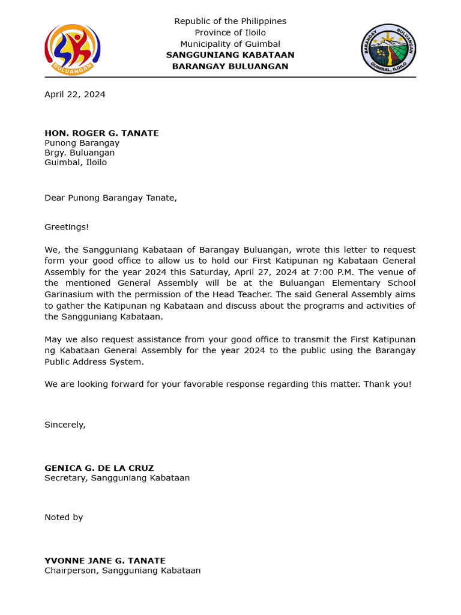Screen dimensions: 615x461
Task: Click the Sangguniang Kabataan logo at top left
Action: tap(72, 49)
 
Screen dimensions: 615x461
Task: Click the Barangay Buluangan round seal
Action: tap(388, 49)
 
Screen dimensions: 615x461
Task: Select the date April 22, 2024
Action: tap(75, 94)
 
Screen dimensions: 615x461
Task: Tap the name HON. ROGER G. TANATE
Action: tap(101, 133)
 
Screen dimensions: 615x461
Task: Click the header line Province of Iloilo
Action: tap(230, 32)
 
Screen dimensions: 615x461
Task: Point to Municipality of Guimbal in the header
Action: tap(230, 44)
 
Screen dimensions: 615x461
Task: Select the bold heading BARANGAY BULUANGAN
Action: tap(230, 66)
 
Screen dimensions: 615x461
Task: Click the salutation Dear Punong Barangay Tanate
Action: tap(110, 198)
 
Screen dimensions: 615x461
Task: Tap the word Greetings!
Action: tap(67, 227)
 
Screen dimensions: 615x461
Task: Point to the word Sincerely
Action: tap(65, 425)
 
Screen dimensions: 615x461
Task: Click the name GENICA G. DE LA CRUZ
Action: tap(99, 468)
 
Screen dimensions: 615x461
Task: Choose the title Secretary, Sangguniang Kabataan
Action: tap(117, 478)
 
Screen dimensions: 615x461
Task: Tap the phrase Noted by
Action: tap(64, 517)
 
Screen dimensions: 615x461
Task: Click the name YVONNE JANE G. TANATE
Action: tap(105, 560)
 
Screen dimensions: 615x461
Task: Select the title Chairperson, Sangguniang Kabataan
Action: tap(122, 571)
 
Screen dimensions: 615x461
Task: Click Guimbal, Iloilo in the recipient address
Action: tap(76, 162)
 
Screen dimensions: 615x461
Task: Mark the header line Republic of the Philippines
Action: tap(230, 21)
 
